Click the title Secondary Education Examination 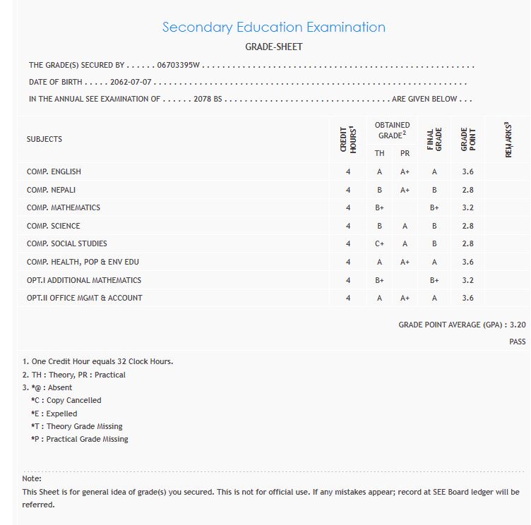point(274,28)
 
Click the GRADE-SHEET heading point(274,47)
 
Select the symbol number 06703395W point(179,65)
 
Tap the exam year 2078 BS point(208,99)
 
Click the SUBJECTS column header point(44,139)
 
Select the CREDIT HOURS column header point(347,139)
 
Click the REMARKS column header point(508,139)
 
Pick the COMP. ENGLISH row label point(54,171)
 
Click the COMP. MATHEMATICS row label point(64,207)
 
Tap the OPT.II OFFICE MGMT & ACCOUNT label point(85,298)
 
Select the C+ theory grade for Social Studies point(380,243)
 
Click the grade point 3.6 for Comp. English point(467,171)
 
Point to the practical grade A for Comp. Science point(405,226)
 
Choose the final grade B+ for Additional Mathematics point(434,280)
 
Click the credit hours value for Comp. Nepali point(348,190)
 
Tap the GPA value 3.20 point(518,325)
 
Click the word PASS point(517,342)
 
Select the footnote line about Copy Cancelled point(66,400)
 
